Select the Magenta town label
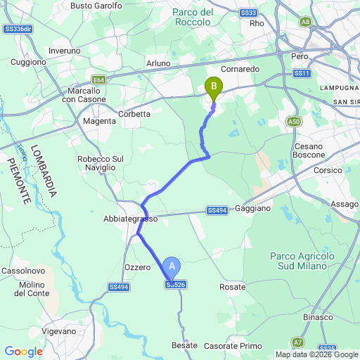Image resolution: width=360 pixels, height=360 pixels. tap(99, 121)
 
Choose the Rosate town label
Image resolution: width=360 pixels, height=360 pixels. tap(233, 287)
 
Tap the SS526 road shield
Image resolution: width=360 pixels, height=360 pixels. tap(176, 285)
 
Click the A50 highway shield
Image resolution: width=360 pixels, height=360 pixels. tap(295, 122)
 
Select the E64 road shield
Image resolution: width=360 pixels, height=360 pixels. tap(98, 80)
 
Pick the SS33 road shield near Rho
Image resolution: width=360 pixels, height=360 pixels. tap(247, 13)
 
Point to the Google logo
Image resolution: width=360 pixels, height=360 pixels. tap(23, 352)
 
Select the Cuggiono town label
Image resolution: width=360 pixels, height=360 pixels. tap(29, 61)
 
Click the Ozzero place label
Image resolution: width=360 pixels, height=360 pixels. tap(137, 267)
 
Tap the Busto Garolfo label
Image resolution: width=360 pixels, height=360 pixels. tap(96, 6)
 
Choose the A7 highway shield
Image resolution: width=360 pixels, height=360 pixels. tap(298, 342)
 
